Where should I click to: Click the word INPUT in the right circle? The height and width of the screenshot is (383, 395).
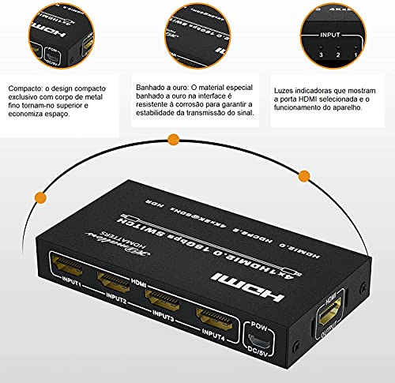(330, 36)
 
